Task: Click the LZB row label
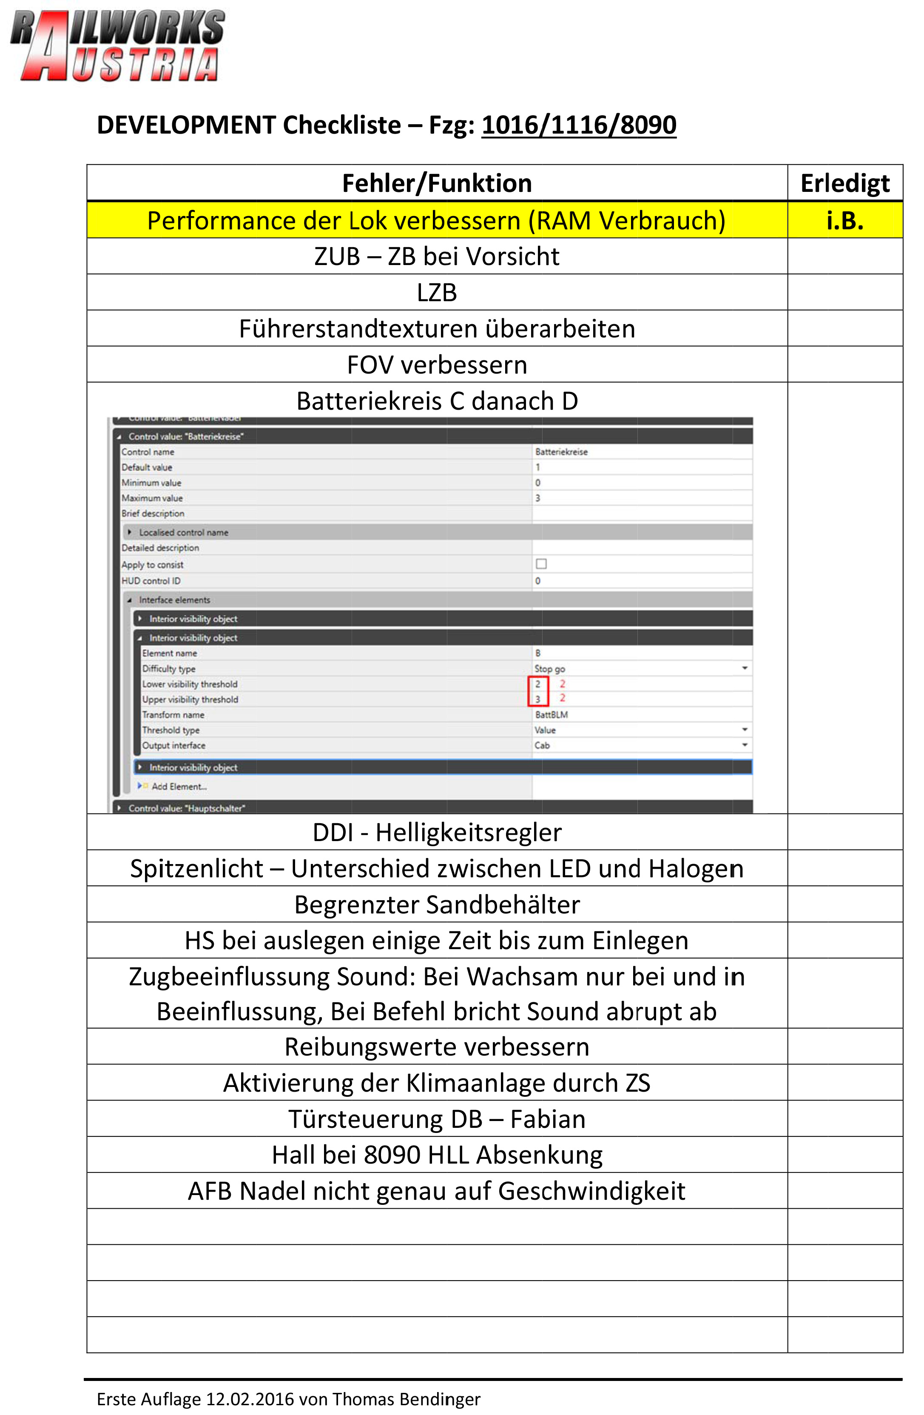[437, 293]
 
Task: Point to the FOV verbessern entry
[437, 365]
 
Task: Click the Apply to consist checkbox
[541, 564]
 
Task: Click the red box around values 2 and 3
[538, 691]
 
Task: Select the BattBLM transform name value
[552, 715]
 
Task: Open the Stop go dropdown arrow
[745, 669]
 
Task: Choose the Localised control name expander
[130, 532]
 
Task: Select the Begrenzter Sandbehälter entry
[437, 905]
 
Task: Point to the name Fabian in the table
[547, 1119]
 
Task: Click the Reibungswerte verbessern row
[437, 1047]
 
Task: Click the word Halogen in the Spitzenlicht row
[696, 869]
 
